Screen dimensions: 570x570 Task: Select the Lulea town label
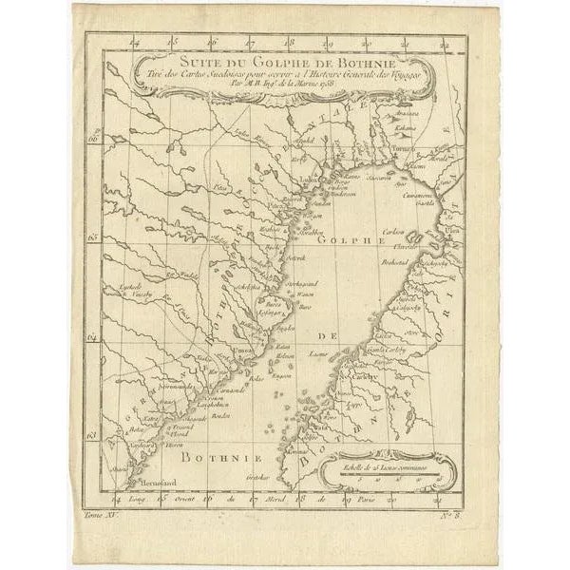coord(307,178)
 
